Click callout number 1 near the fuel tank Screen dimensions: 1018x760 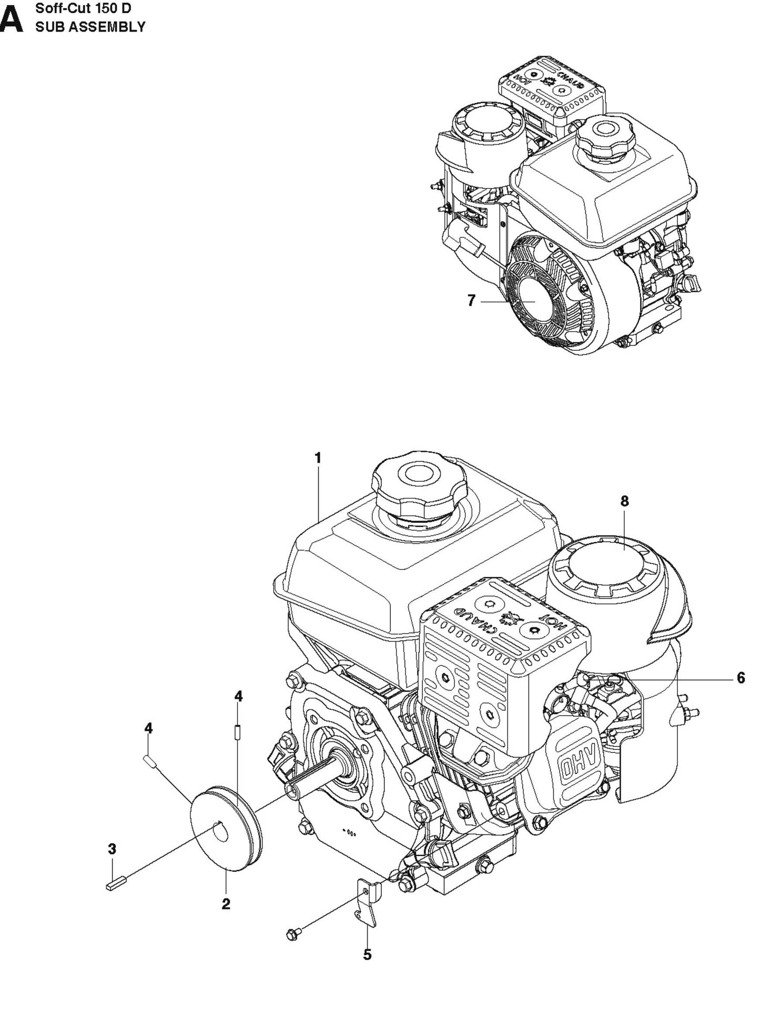[318, 458]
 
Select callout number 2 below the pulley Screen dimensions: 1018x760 [226, 904]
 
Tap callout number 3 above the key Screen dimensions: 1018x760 [112, 849]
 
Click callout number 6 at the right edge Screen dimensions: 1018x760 [741, 678]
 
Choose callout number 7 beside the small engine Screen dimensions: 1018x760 [471, 301]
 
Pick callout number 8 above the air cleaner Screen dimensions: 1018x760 [624, 501]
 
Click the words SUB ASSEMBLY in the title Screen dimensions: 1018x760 [90, 27]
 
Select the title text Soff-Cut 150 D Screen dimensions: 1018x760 [83, 9]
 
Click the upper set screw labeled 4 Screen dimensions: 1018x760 [238, 731]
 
